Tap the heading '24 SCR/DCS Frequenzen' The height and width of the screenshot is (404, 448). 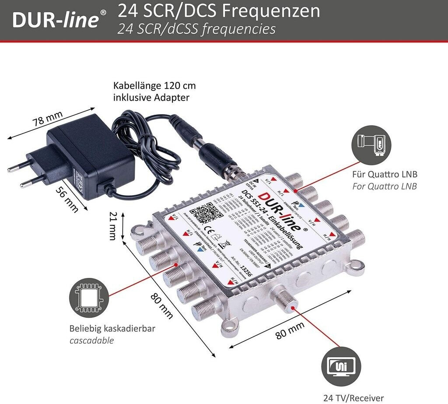219,11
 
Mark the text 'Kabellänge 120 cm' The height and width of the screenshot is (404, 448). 151,85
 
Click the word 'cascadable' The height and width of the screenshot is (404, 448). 91,340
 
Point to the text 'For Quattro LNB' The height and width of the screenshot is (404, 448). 385,186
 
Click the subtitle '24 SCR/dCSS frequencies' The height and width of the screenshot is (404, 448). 196,29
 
